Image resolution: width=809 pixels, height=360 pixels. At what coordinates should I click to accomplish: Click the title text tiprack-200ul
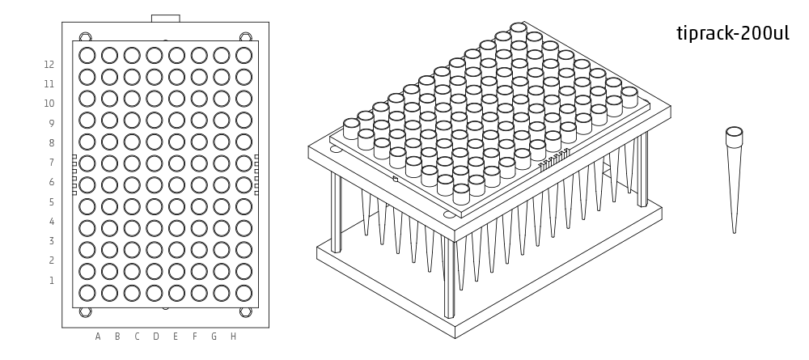tap(732, 35)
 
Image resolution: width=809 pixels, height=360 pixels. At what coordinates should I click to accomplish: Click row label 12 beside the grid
tap(49, 64)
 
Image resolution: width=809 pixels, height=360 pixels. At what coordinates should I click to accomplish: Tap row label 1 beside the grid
tap(51, 281)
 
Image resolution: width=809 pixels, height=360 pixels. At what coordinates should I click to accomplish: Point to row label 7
tap(51, 163)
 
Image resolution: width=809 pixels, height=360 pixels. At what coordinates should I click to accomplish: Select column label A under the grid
tap(98, 337)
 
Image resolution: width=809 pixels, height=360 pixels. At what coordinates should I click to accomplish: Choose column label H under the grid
tap(233, 337)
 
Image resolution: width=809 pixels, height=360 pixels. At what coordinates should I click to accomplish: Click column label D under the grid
tap(156, 337)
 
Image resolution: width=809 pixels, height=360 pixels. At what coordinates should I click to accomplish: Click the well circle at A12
tap(87, 55)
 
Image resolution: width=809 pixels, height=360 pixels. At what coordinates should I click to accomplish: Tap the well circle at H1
tap(244, 292)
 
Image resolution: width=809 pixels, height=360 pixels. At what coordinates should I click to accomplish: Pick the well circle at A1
tap(87, 292)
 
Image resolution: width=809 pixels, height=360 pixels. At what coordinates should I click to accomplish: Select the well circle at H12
tap(244, 55)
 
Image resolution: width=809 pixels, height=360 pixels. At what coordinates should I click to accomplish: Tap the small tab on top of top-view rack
tap(166, 18)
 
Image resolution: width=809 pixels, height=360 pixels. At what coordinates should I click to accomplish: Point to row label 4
tap(51, 222)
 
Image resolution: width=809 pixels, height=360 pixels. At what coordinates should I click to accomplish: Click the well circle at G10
tap(221, 98)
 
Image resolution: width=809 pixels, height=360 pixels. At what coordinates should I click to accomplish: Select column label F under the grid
tap(195, 337)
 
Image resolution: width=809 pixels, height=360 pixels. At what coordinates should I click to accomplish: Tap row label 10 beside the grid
tap(49, 104)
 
